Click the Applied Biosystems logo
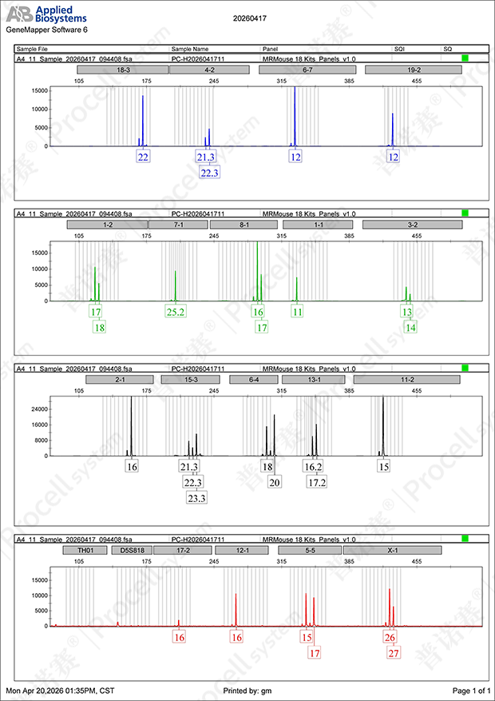click(x=47, y=14)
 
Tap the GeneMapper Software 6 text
click(x=47, y=30)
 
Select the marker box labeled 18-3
click(x=122, y=70)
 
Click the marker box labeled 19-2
click(x=413, y=70)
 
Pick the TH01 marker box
click(x=85, y=549)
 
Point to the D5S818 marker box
click(x=132, y=549)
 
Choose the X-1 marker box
click(x=392, y=549)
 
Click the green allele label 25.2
click(x=176, y=312)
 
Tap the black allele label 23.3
click(x=197, y=498)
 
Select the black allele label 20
click(x=275, y=481)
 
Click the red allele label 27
click(x=394, y=653)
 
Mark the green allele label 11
click(x=297, y=312)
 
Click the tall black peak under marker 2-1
click(x=131, y=425)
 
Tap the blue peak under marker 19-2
click(x=393, y=129)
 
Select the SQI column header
click(x=399, y=50)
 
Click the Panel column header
click(x=270, y=50)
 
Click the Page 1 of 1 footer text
click(x=471, y=691)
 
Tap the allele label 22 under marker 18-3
click(x=143, y=157)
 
